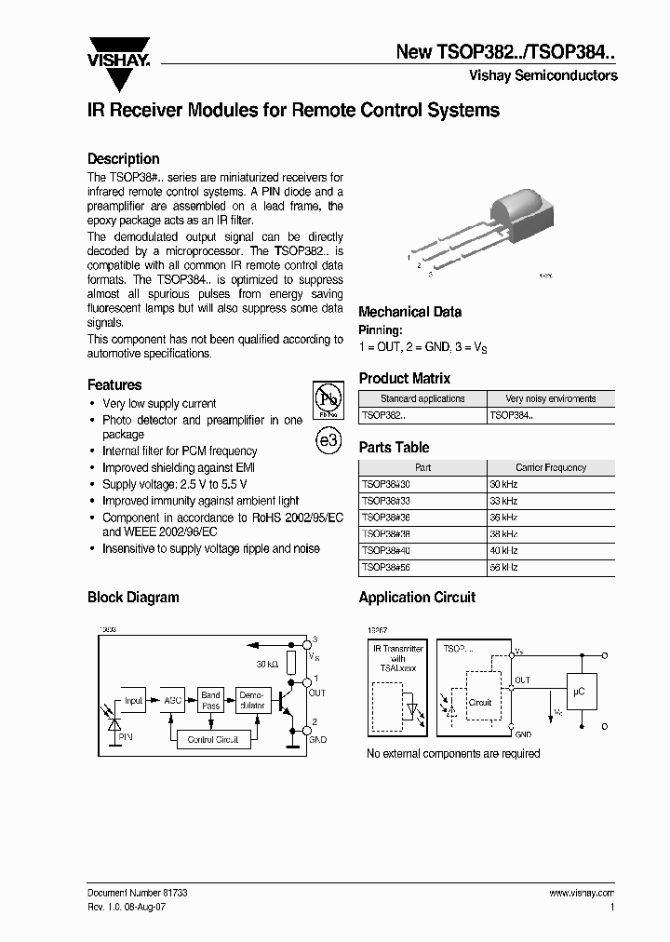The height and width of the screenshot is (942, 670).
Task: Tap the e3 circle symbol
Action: tap(328, 441)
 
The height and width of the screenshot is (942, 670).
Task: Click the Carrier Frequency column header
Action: tap(550, 467)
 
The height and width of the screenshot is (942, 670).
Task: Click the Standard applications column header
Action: tap(422, 398)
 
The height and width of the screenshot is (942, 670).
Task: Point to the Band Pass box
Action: tap(211, 701)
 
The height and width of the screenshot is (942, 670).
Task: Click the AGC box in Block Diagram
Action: tap(173, 701)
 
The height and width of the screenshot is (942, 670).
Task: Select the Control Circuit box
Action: tap(213, 739)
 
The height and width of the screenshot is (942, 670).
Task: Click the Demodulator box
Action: tap(252, 701)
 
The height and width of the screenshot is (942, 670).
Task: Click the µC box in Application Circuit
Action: tap(578, 693)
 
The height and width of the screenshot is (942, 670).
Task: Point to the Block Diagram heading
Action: tap(133, 598)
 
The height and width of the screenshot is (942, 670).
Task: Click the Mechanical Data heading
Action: tap(409, 312)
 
